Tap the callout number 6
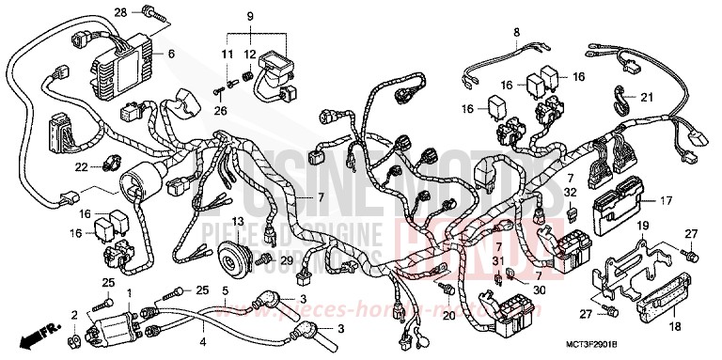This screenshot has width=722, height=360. point(171,55)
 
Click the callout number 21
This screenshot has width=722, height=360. point(646,98)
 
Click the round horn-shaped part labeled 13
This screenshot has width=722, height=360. point(230,256)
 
